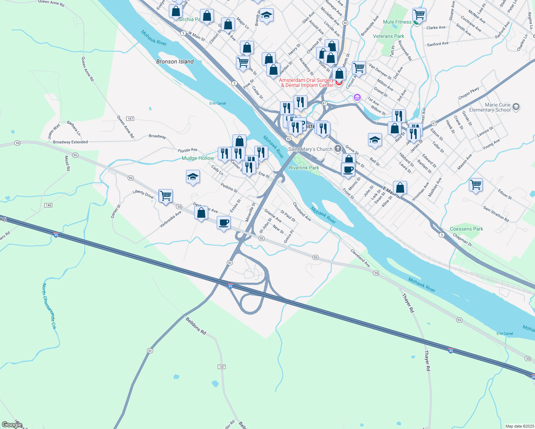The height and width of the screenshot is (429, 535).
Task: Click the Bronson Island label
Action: pos(175,61)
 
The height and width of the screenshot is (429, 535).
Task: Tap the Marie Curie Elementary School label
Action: pos(490,107)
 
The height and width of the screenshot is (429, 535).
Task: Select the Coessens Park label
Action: pos(466,229)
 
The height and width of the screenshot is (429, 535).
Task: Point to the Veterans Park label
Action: pos(388,36)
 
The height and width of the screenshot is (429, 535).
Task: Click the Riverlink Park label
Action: pos(304,168)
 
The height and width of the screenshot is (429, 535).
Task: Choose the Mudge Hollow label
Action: pos(198,158)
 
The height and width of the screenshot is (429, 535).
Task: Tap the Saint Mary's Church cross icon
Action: pos(338,149)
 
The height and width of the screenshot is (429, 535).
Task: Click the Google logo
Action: pos(12,425)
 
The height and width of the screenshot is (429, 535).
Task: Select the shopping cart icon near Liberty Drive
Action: pos(166,196)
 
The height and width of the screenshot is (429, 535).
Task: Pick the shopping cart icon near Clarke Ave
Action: pos(419,15)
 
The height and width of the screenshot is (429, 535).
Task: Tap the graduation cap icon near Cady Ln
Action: pos(193,177)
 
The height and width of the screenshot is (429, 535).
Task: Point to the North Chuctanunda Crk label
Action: pos(49,306)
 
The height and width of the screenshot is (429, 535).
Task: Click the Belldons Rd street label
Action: pos(196,326)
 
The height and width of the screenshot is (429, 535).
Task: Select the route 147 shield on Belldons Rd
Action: pos(222,367)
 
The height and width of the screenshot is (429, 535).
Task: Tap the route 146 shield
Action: pos(48,205)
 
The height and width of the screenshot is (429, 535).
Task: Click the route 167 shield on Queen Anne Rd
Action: pos(130,119)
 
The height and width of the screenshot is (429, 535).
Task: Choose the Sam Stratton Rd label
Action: pos(496,214)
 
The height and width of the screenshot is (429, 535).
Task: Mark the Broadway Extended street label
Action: pos(70,142)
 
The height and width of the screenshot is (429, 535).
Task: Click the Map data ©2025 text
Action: pos(519,426)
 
